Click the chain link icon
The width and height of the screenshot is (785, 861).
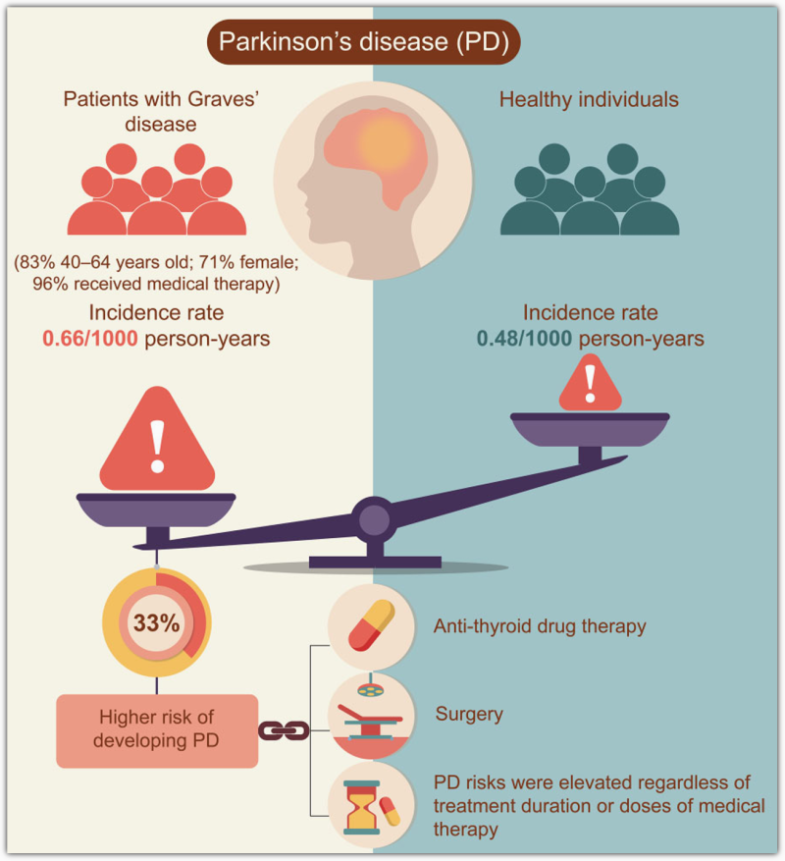(284, 729)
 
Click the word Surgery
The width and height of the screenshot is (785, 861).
(468, 714)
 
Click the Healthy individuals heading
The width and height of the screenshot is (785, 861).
(589, 99)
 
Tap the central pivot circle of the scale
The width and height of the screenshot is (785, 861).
(373, 516)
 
